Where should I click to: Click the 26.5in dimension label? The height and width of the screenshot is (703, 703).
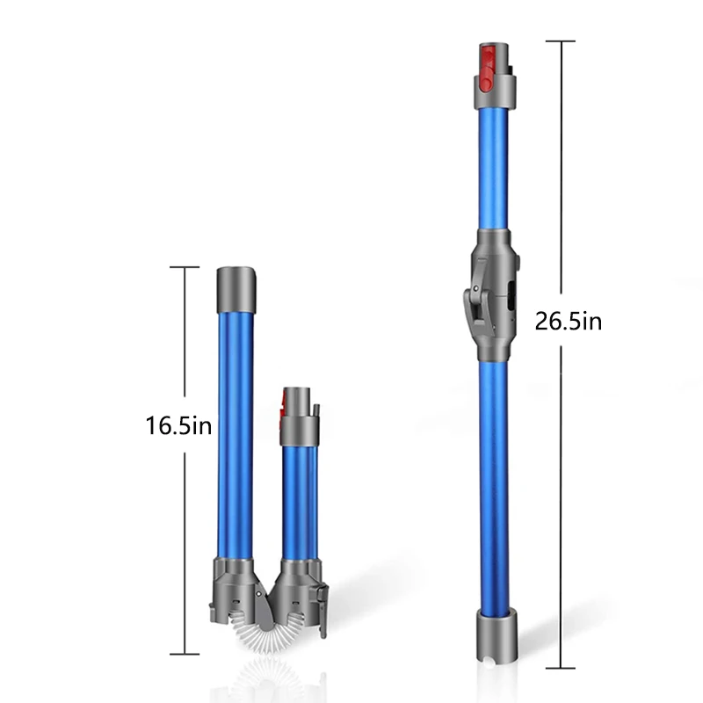tap(569, 321)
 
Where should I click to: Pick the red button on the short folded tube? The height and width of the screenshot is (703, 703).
tap(285, 406)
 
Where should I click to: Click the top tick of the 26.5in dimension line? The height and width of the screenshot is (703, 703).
tap(560, 40)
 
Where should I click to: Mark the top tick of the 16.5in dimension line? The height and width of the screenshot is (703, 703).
tap(184, 267)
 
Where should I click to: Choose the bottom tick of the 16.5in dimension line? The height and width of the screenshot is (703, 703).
tap(184, 653)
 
